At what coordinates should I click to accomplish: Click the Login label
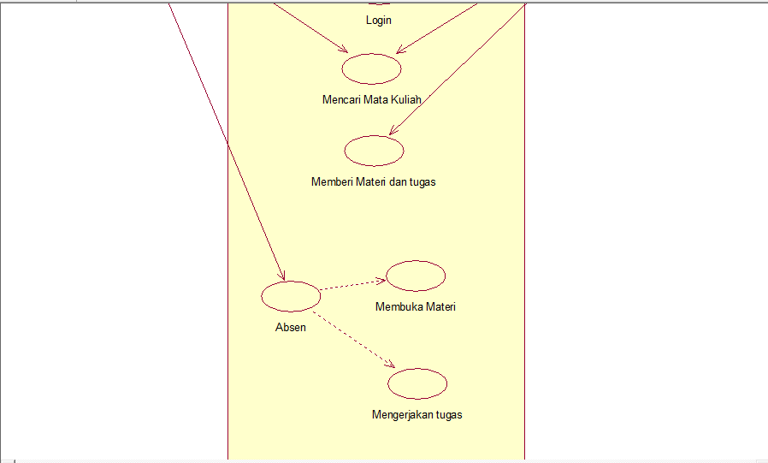tap(378, 20)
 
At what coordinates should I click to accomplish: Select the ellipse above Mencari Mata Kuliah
tap(372, 68)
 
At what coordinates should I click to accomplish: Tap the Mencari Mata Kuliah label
tap(372, 99)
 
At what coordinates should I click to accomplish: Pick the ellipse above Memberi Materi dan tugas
tap(374, 151)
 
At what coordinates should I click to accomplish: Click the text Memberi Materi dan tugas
tap(374, 181)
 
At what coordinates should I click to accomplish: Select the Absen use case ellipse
tap(291, 296)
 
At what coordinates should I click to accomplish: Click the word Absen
tap(291, 327)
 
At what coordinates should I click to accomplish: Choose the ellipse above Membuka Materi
tap(416, 276)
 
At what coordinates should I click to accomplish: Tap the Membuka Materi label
tap(416, 306)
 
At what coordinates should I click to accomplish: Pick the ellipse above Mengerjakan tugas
tap(417, 383)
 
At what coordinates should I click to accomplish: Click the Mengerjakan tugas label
tap(417, 415)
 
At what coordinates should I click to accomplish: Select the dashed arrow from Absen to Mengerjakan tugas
tap(355, 338)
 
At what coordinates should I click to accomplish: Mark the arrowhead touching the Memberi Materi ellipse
tap(393, 132)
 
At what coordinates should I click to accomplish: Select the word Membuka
tap(395, 306)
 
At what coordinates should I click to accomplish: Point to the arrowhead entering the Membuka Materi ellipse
tap(381, 279)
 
